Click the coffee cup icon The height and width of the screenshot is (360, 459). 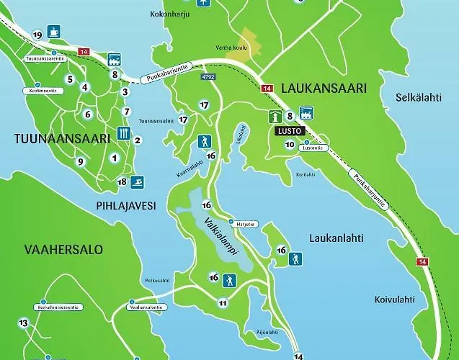[54, 32]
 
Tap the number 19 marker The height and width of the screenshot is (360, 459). [37, 35]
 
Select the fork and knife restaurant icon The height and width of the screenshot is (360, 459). [122, 133]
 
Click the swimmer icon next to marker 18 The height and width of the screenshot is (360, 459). [137, 182]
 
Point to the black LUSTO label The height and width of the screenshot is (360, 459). [289, 131]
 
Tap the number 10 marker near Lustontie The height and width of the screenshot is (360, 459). [290, 145]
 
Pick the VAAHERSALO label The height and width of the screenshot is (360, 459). [63, 250]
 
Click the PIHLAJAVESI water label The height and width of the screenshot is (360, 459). [125, 205]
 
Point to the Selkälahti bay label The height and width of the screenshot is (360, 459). [422, 96]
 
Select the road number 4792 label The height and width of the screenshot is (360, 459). [208, 76]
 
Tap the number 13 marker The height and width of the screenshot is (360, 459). [24, 323]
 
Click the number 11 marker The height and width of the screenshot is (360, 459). [223, 303]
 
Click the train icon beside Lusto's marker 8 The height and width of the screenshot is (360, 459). [306, 114]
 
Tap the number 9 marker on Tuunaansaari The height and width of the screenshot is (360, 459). [81, 161]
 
